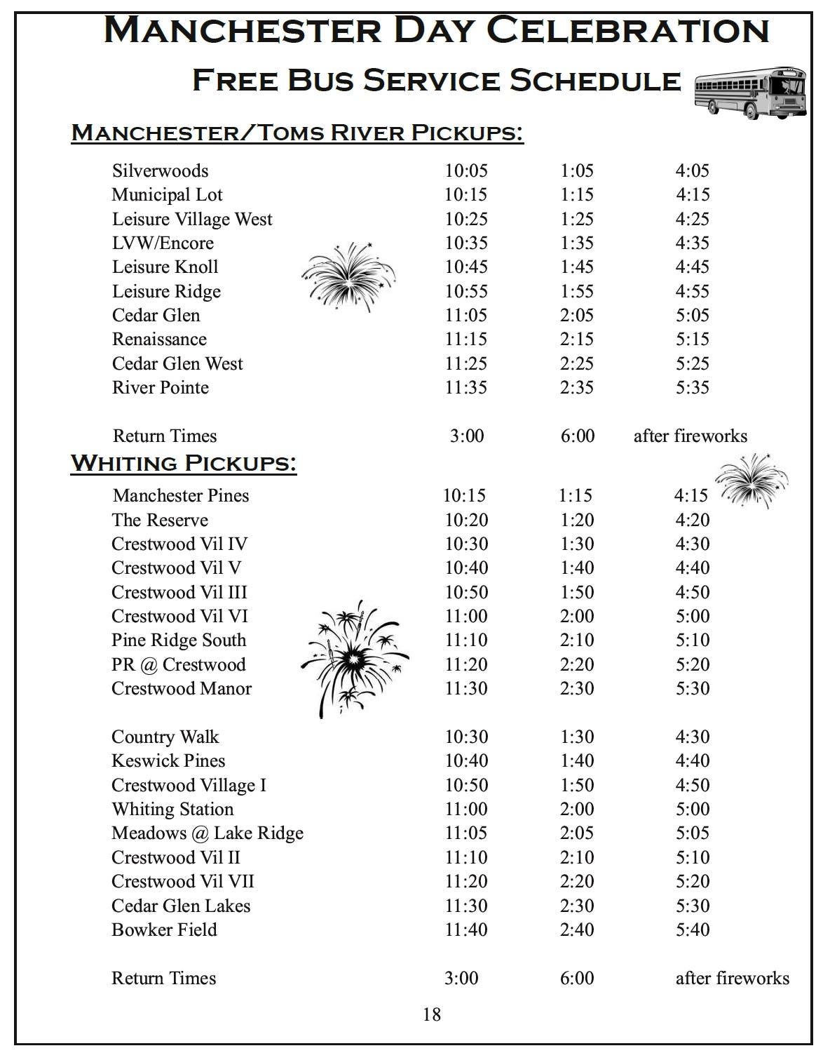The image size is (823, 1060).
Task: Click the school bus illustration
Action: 749,93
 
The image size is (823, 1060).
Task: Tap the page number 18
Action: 432,1014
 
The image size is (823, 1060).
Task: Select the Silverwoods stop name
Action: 160,170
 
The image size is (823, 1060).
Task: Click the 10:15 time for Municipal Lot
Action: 465,194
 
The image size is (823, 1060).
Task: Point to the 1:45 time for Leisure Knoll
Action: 576,267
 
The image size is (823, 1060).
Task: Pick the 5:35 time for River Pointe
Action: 692,387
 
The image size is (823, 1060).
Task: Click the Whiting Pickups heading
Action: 184,463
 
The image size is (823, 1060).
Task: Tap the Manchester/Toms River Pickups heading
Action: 297,132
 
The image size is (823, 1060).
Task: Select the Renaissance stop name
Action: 159,339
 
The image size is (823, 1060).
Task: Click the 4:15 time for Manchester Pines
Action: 691,495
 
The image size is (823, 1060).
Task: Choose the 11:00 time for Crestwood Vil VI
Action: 465,616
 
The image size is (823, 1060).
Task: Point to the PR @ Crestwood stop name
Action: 178,664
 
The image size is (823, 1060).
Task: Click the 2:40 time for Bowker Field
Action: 576,930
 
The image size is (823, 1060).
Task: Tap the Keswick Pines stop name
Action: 168,760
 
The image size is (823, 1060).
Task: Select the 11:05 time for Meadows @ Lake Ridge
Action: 465,833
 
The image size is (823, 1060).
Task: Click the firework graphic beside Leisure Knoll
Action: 348,276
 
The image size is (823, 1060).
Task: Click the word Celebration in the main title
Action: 627,30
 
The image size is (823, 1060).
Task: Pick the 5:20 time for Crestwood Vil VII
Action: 692,881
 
